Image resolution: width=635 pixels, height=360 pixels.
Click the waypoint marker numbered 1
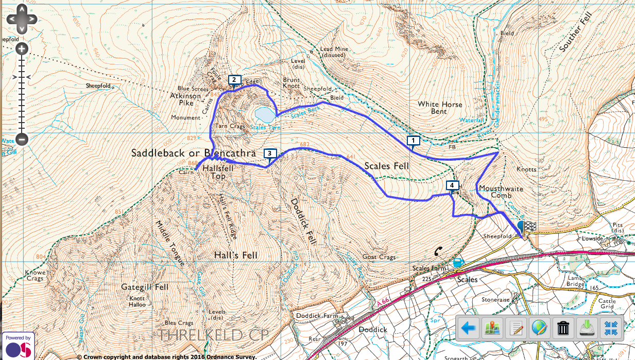click(x=413, y=140)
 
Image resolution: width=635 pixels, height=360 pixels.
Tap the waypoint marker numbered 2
click(x=234, y=79)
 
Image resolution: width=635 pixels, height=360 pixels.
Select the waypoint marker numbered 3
click(x=269, y=153)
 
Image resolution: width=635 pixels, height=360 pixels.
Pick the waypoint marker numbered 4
click(x=452, y=185)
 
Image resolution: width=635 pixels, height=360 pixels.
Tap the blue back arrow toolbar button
click(x=468, y=328)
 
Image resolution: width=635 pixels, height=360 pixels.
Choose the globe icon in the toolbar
click(x=540, y=328)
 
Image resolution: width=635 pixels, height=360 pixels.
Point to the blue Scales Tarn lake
click(x=264, y=113)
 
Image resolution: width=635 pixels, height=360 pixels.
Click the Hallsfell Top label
click(x=214, y=172)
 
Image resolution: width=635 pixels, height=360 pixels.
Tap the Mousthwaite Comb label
click(x=501, y=192)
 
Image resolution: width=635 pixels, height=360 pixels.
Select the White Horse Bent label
click(x=440, y=108)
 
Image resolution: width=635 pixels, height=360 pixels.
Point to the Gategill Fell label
click(x=145, y=287)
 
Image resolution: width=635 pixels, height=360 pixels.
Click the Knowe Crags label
click(x=35, y=276)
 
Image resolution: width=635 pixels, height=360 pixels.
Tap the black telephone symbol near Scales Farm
click(x=438, y=251)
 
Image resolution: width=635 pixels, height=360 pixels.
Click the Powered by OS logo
click(x=18, y=346)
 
